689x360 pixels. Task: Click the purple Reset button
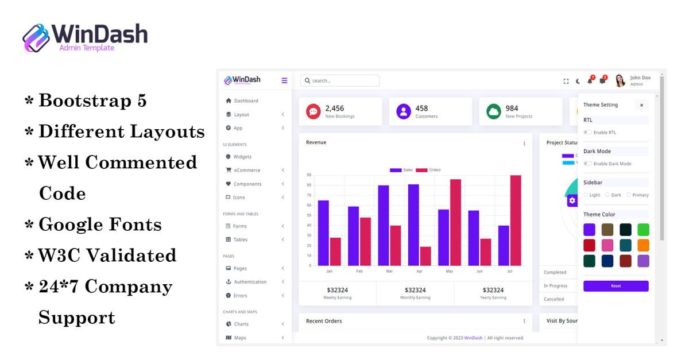point(616,286)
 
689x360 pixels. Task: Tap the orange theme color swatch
point(643,245)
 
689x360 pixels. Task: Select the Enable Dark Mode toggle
point(587,164)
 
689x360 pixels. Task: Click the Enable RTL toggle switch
point(587,133)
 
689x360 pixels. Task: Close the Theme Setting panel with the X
point(641,105)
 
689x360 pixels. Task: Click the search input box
point(340,81)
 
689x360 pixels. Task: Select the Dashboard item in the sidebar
point(246,101)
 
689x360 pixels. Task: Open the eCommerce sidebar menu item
point(247,171)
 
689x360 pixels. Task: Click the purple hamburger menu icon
point(284,81)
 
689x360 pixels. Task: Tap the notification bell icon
point(590,81)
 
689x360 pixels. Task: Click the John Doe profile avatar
point(620,81)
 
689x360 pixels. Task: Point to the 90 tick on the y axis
point(309,175)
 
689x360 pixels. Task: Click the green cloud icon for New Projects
point(494,111)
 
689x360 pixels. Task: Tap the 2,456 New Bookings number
point(335,109)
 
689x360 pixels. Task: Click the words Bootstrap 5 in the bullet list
point(92,101)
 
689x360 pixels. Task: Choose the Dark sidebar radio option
point(607,195)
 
